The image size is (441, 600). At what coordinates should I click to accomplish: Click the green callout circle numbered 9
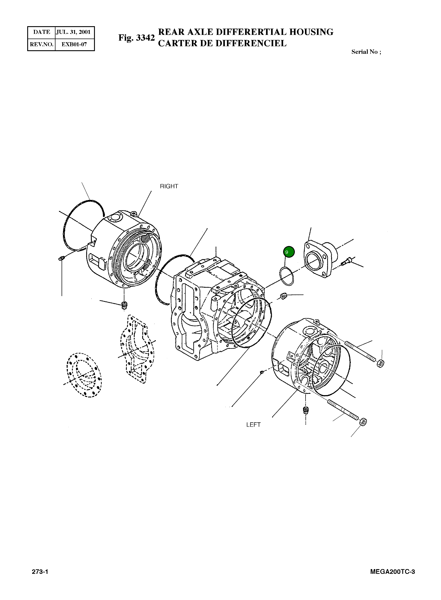tap(289, 252)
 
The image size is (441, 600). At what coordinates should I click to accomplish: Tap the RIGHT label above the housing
tap(169, 187)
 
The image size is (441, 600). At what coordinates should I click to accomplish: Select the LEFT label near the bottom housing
tap(253, 425)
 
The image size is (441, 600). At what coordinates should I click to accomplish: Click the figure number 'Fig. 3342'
tap(136, 38)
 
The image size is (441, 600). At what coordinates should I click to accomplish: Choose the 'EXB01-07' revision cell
tap(74, 44)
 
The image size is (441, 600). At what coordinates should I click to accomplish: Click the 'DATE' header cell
tap(42, 32)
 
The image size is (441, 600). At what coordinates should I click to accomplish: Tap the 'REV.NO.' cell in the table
tap(42, 44)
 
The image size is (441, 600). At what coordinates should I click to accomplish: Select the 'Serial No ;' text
tap(366, 52)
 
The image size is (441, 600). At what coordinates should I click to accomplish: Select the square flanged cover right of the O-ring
tap(318, 260)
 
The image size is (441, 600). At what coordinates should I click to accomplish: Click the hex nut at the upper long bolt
tap(381, 363)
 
